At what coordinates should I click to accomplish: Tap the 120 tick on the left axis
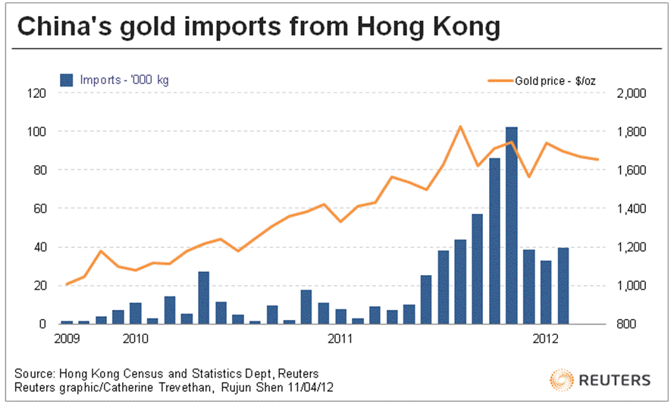(36, 93)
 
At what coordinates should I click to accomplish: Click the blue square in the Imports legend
(67, 79)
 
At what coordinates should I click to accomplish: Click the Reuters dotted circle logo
(562, 380)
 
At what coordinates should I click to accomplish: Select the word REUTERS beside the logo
(615, 380)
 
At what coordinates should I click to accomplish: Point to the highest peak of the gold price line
(460, 127)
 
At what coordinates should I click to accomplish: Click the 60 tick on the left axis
(39, 208)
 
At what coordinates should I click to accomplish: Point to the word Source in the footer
(33, 374)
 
